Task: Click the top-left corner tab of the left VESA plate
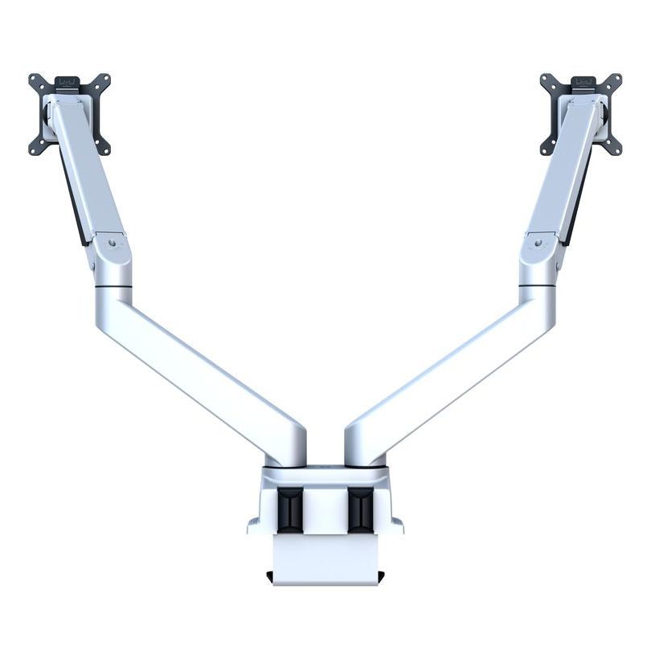35,80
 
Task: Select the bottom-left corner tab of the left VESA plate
36,146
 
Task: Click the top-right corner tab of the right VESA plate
616,80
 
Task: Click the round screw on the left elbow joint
112,240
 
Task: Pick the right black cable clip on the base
361,510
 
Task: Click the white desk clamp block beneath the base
325,555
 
